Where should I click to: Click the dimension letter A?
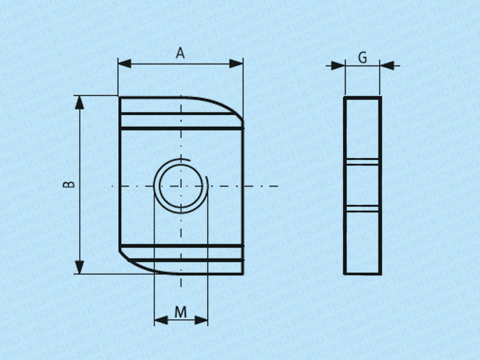181,53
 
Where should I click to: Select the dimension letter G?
363,57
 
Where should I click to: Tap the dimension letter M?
181,312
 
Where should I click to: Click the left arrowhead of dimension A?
125,64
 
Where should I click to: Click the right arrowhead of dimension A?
236,64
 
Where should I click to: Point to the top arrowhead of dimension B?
80,102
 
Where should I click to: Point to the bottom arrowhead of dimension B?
80,267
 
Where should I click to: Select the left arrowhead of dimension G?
338,65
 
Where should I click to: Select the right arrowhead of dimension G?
386,65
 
